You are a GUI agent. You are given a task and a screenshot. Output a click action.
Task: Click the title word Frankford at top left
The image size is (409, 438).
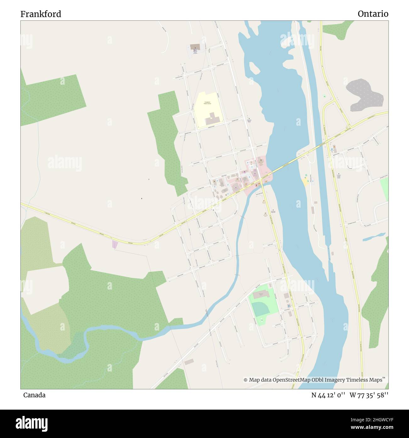pyautogui.click(x=41, y=14)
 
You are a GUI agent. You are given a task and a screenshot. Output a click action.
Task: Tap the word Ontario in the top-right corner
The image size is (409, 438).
pyautogui.click(x=373, y=14)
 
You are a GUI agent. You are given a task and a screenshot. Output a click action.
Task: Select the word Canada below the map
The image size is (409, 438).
pyautogui.click(x=34, y=395)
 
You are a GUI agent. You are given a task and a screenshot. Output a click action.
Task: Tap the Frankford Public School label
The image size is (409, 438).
pyautogui.click(x=207, y=103)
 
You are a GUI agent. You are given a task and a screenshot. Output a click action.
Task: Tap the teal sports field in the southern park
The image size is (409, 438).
pyautogui.click(x=261, y=309)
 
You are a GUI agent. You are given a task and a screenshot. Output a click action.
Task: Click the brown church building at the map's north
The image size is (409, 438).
pyautogui.click(x=195, y=47)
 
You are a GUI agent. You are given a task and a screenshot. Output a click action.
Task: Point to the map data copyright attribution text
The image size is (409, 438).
pyautogui.click(x=314, y=380)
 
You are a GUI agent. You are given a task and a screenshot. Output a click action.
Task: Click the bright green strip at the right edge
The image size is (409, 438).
pyautogui.click(x=384, y=189)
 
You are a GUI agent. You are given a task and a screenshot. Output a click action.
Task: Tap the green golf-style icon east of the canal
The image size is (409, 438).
pyautogui.click(x=324, y=96)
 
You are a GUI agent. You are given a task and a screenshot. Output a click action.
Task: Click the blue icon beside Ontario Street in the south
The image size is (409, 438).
pyautogui.click(x=289, y=306)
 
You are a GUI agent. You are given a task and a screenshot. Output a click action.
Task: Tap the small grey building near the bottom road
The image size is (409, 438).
pyautogui.click(x=189, y=362)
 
